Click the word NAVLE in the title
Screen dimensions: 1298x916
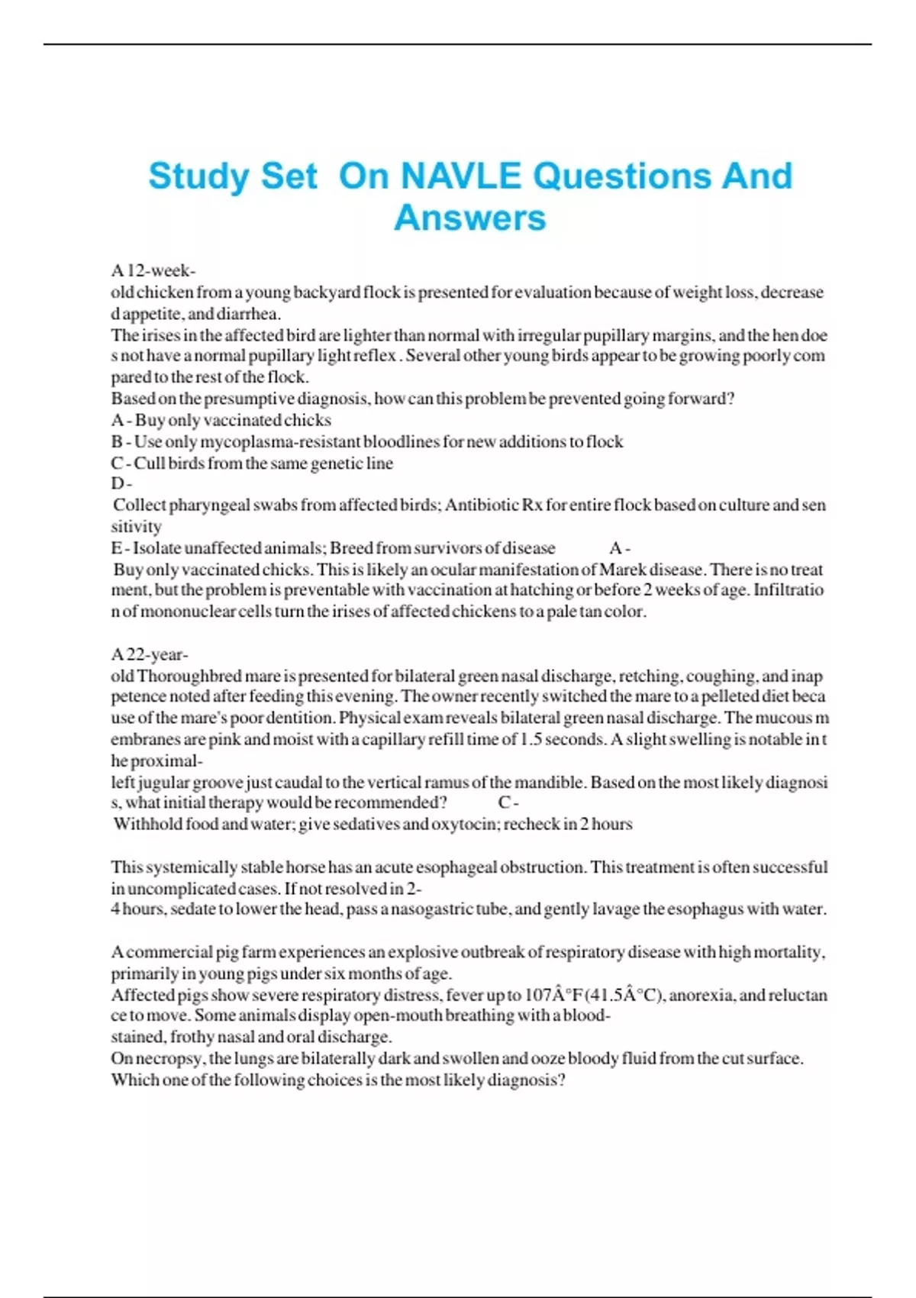tap(461, 176)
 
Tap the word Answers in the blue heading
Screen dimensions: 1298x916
tap(470, 218)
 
